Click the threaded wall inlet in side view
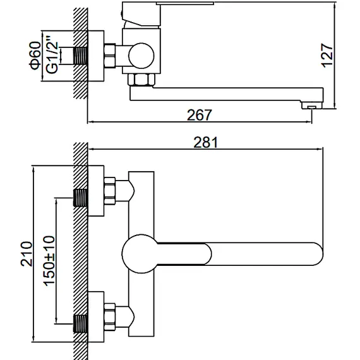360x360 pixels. click(x=81, y=56)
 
